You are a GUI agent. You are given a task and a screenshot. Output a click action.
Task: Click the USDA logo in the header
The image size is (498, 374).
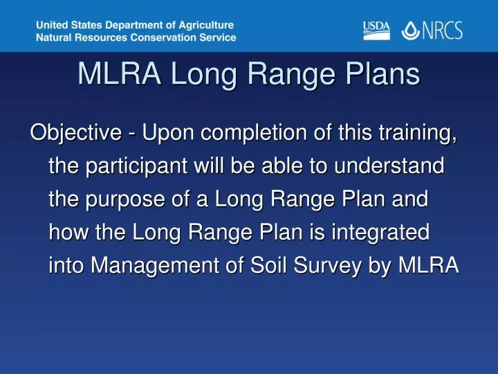pyautogui.click(x=376, y=30)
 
